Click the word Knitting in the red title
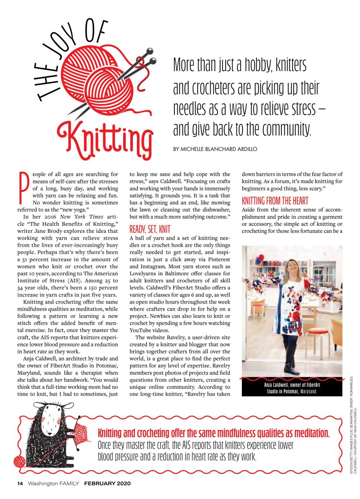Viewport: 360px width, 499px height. [105, 133]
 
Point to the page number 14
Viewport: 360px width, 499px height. [20, 484]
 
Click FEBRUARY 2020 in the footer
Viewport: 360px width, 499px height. [107, 484]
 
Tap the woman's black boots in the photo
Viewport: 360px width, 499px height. [290, 368]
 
